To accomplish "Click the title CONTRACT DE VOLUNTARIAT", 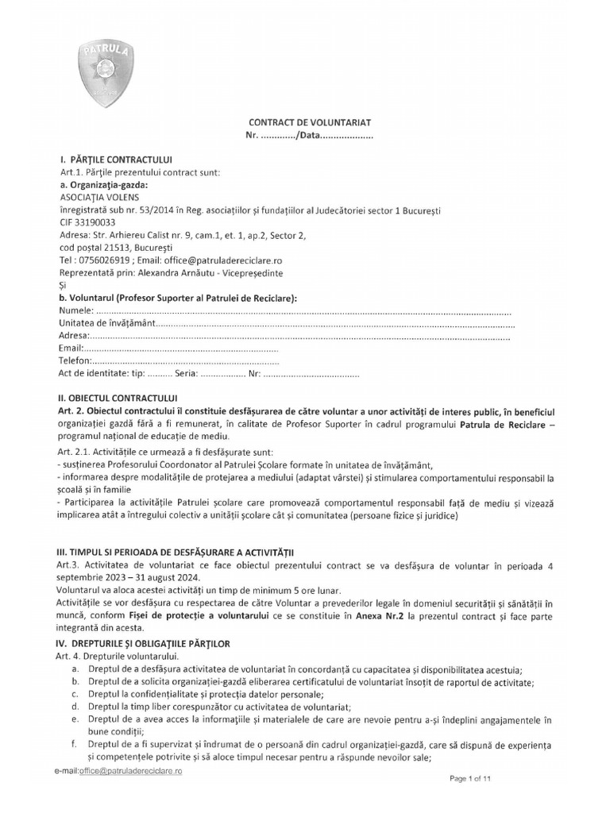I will pos(311,123).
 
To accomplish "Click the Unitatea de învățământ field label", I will pos(107,324).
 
